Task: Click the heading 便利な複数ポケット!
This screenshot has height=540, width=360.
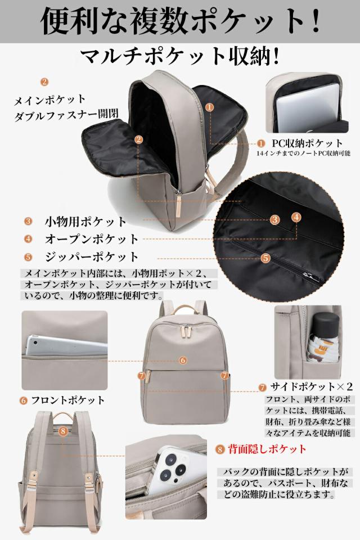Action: click(180, 22)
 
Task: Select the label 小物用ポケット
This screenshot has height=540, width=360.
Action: click(86, 221)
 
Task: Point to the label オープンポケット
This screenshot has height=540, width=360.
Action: click(91, 238)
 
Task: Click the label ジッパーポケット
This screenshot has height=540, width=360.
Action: click(91, 256)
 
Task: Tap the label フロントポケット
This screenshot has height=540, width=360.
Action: click(67, 400)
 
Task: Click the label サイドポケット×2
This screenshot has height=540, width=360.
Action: click(312, 387)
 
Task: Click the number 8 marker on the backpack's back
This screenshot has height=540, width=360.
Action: click(63, 431)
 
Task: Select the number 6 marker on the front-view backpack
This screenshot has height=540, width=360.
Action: click(183, 360)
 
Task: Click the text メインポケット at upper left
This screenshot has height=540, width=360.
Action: click(50, 99)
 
